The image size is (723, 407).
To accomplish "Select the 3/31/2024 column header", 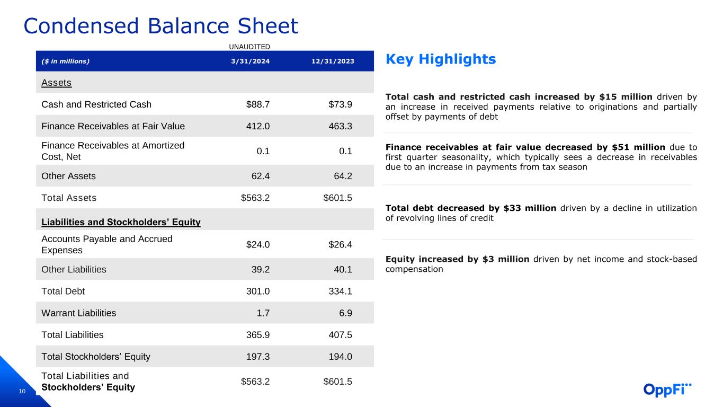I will click(250, 61).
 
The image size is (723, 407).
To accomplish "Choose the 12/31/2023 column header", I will click(333, 61).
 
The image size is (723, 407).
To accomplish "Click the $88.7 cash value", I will click(258, 104).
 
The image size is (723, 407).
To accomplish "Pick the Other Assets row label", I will click(68, 176).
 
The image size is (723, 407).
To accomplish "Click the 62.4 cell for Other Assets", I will click(260, 176).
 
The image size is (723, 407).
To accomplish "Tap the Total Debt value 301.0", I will click(258, 291).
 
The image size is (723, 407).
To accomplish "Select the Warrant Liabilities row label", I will click(78, 313).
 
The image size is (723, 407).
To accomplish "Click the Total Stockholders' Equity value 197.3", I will click(258, 357).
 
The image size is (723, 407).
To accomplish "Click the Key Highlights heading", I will click(441, 59).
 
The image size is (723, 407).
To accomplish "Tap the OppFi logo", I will click(667, 389).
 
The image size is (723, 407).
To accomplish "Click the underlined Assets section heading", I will click(56, 83).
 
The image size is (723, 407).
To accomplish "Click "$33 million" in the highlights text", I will click(529, 208).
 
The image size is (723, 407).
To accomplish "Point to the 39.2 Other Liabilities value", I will click(260, 270).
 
